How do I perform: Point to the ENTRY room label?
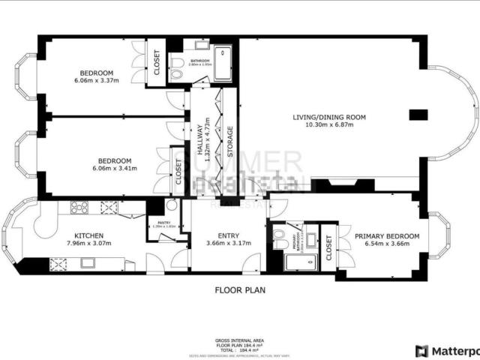click(229, 235)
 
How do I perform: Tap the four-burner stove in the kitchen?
click(79, 207)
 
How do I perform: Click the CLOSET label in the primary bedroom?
click(329, 244)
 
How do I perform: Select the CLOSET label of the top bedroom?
click(157, 64)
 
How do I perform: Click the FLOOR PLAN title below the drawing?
click(239, 289)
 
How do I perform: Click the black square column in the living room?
click(418, 115)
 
